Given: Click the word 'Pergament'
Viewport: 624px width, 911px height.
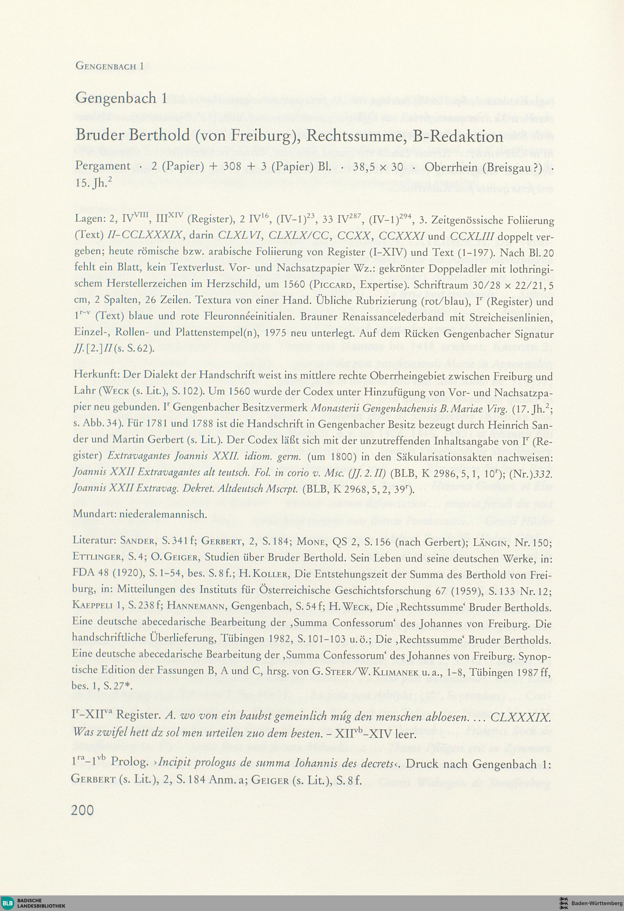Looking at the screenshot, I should pos(103,166).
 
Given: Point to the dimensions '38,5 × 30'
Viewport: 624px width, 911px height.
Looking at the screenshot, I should pos(378,166).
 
